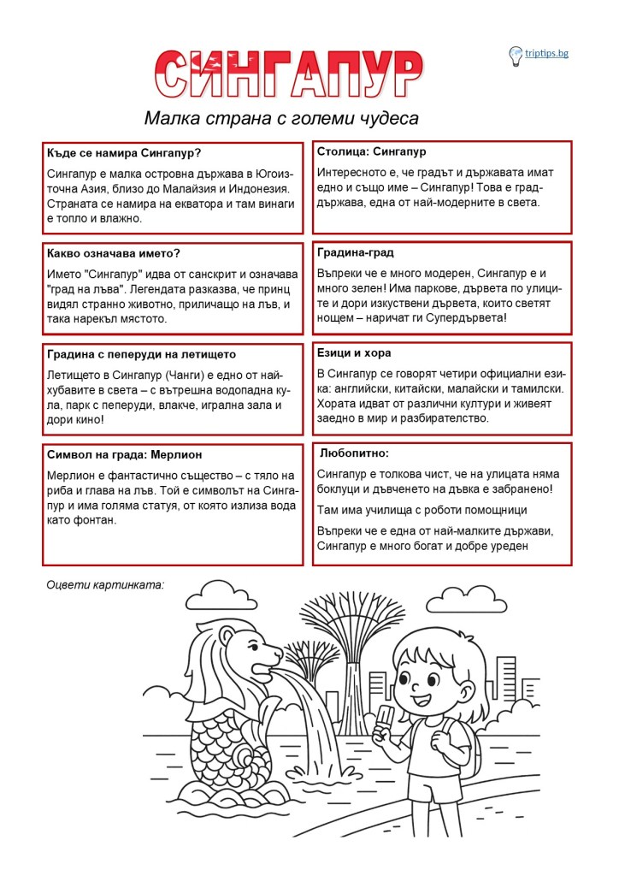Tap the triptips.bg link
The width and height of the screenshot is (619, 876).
pyautogui.click(x=547, y=54)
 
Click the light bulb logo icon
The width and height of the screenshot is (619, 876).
pyautogui.click(x=516, y=56)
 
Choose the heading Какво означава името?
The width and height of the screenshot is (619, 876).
pyautogui.click(x=115, y=253)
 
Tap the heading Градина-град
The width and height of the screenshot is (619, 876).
pyautogui.click(x=356, y=252)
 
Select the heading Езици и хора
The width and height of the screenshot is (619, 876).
pyautogui.click(x=354, y=352)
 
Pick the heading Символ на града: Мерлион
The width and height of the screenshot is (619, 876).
pyautogui.click(x=125, y=454)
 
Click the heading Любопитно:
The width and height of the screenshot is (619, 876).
pyautogui.click(x=355, y=453)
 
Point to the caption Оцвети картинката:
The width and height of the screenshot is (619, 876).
pyautogui.click(x=105, y=585)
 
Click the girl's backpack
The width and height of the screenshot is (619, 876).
pyautogui.click(x=466, y=737)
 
